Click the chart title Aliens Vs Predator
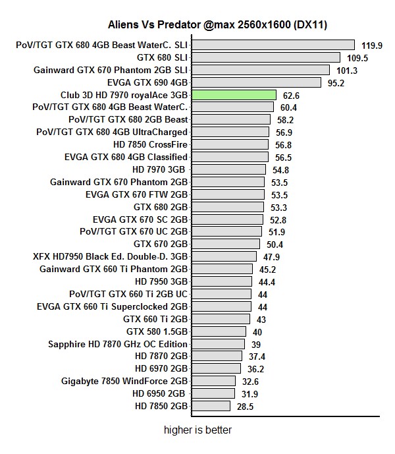[x=218, y=25]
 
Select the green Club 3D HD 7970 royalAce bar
[x=233, y=95]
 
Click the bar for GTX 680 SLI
[x=265, y=58]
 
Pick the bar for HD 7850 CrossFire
[x=230, y=145]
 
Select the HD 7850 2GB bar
[x=211, y=407]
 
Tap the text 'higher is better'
[x=197, y=430]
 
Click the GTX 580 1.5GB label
[x=157, y=332]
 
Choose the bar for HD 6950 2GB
[x=213, y=394]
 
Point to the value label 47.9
[x=273, y=257]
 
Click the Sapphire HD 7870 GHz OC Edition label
[x=118, y=345]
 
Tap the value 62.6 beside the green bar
[x=291, y=96]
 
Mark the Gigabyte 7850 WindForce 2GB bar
[x=213, y=382]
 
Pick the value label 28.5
[x=245, y=407]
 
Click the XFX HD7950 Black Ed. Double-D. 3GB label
[x=110, y=257]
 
